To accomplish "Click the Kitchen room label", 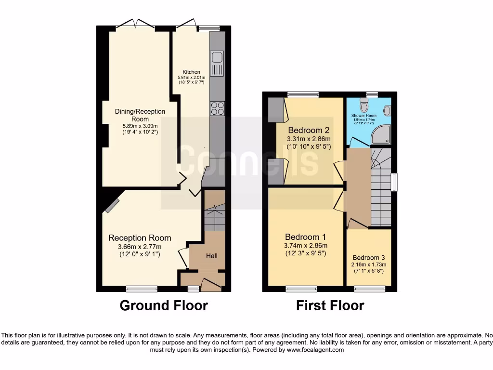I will pos(191,72).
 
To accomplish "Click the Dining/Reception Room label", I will pos(140,115).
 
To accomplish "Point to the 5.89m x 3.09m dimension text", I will pos(140,126).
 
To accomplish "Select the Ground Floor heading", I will pos(164,305).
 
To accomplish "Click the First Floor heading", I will pos(330,305).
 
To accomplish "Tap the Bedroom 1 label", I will pos(306,237).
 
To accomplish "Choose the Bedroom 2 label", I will pos(309,130).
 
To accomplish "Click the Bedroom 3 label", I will pos(368,258).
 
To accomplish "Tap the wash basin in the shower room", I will pos(387,111).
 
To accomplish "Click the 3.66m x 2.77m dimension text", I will pos(140,247).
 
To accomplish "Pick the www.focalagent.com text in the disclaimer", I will pos(315,350).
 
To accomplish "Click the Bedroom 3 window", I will pos(369,289).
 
